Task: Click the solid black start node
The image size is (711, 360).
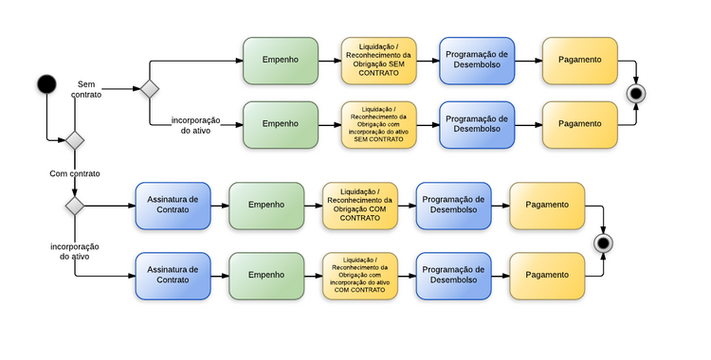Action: point(46,84)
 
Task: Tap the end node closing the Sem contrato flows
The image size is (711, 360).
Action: point(636,93)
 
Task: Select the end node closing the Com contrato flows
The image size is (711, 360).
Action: point(600,243)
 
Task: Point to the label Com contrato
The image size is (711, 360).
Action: point(75,173)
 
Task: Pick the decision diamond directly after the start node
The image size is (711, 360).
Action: point(74,140)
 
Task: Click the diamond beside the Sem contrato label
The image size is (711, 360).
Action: point(149,90)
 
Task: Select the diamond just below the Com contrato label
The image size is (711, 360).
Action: point(74,205)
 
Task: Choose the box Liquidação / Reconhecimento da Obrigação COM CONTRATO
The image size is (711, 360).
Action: point(359,206)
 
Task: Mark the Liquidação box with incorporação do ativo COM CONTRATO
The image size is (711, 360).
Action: point(359,275)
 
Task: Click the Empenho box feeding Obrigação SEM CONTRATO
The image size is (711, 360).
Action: point(281,61)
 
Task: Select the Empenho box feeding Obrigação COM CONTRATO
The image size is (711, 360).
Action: point(266,206)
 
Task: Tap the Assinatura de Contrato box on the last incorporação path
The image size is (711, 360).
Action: point(173,275)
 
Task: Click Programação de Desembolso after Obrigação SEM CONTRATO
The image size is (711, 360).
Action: point(477,61)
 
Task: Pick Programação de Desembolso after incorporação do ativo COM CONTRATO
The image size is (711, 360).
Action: point(453,275)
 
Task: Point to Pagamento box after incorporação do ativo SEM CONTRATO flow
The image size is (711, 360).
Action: point(579,124)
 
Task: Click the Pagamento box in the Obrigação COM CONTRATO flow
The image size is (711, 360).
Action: point(547,206)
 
